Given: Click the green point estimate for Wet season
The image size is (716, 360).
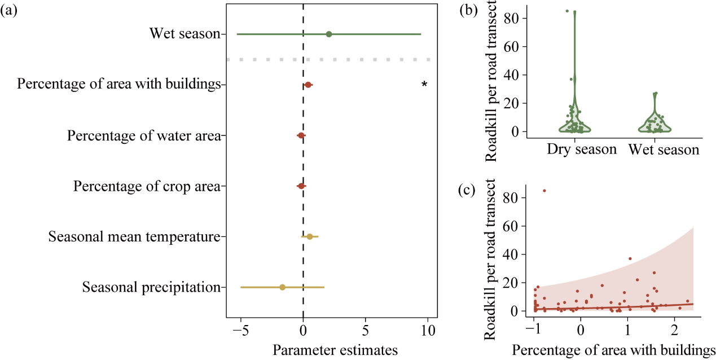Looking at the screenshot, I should tap(329, 34).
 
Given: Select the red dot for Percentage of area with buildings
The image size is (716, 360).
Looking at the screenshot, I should tap(308, 85).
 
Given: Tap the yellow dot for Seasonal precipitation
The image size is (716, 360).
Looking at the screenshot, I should tap(283, 287).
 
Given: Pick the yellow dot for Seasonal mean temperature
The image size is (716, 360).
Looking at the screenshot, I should tap(310, 236).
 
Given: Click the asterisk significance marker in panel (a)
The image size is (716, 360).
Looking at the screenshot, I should tap(424, 85).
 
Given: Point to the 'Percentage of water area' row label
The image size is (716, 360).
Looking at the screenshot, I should tap(143, 136).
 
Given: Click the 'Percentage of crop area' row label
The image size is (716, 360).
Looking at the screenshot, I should tap(147, 186).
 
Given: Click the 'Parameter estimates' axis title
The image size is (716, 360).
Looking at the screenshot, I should tap(335, 349).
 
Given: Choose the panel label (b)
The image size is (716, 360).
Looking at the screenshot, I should tap(469, 11).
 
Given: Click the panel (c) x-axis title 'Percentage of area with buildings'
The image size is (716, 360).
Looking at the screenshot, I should tap(614, 349).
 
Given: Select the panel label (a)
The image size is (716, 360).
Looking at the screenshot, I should tap(10, 11).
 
